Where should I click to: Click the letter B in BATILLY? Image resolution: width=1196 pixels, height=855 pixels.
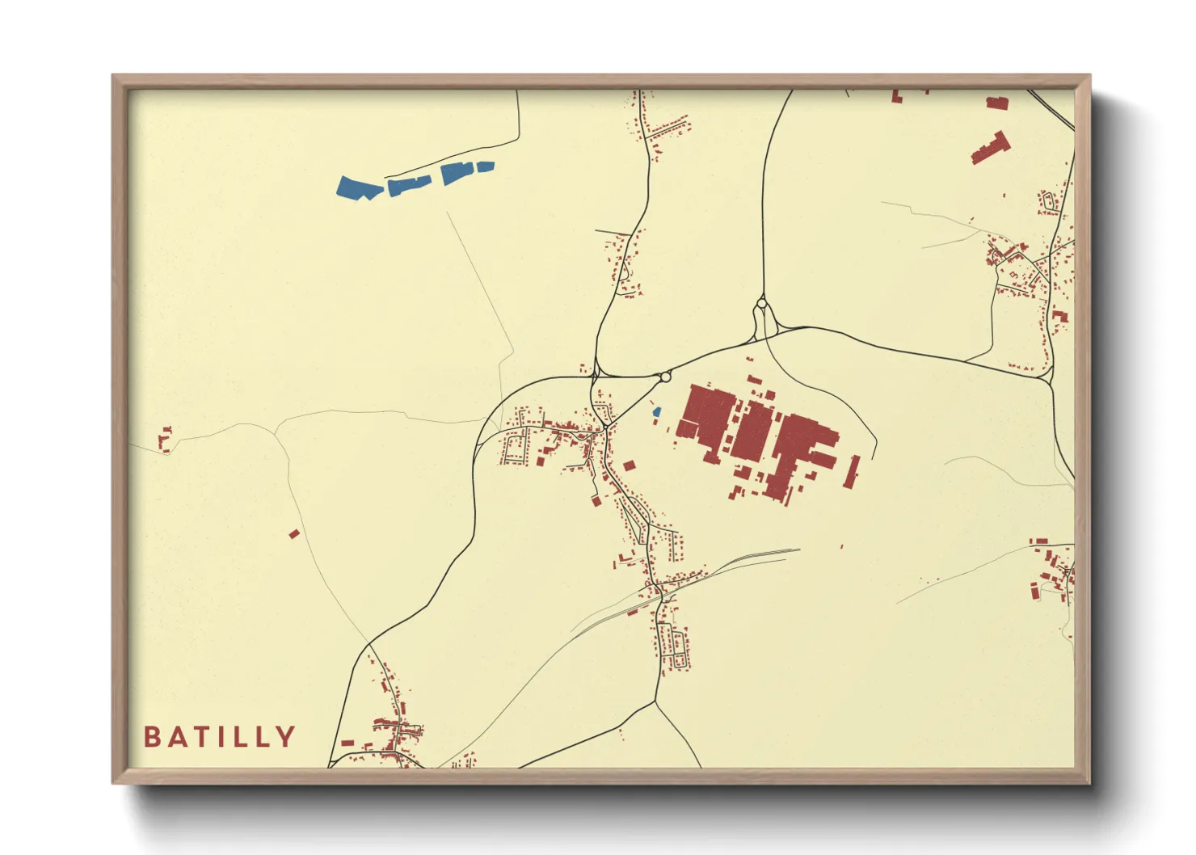coord(152,737)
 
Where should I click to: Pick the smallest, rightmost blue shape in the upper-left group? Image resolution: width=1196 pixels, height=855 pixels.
coord(485,166)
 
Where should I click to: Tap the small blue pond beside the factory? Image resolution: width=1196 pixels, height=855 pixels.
coord(657,412)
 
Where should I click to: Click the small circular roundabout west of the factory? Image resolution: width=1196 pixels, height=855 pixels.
coord(665,377)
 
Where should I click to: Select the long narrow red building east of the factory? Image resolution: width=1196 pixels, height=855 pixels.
coord(851,472)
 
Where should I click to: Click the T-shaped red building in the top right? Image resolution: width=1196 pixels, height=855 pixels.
coord(992,148)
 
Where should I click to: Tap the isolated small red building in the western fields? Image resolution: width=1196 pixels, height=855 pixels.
coord(294,533)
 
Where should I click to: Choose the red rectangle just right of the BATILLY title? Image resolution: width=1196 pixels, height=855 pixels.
coord(347,742)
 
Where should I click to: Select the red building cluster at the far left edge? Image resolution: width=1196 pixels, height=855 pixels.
coord(165,439)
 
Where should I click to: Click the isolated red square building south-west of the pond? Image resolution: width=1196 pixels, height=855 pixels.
coord(629,465)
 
